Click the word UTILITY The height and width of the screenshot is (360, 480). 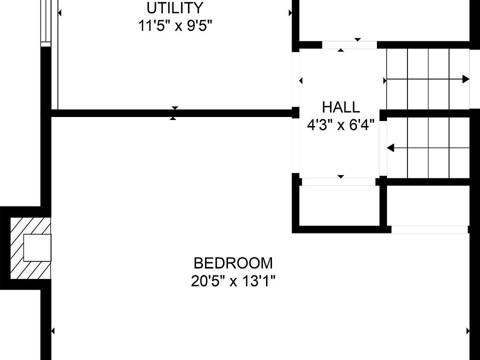[175, 8]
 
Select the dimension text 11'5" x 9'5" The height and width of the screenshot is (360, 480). [175, 25]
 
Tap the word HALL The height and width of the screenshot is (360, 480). [340, 107]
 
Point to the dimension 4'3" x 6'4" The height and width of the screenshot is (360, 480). [340, 124]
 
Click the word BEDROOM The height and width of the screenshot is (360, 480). [233, 263]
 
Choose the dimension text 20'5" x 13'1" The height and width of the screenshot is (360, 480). [233, 281]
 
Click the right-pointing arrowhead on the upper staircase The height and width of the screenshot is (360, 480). [466, 79]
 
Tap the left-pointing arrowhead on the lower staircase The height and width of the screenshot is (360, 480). [390, 148]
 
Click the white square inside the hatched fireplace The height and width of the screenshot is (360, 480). [37, 248]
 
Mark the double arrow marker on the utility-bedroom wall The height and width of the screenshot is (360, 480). [173, 113]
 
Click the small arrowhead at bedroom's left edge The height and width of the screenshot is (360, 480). [53, 330]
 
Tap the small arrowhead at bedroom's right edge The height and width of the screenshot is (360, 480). [468, 330]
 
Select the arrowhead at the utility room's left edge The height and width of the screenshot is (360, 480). [60, 13]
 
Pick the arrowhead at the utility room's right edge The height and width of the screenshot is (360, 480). [290, 13]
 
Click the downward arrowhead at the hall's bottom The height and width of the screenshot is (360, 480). [341, 176]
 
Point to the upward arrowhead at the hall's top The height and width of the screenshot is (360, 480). [341, 50]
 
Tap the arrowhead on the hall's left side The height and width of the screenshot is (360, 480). [301, 80]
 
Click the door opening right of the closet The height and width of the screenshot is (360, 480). [429, 229]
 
